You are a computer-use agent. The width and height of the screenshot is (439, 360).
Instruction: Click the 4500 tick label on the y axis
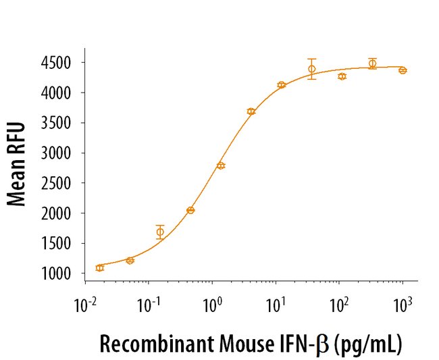(x=64, y=63)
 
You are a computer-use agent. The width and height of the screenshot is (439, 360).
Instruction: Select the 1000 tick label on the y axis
(x=64, y=274)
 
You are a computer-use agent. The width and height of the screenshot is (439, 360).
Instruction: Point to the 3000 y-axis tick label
(x=64, y=153)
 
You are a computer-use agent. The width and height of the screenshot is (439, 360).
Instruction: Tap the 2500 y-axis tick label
(x=64, y=183)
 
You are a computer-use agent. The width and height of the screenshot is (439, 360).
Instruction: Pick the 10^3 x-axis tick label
(x=403, y=305)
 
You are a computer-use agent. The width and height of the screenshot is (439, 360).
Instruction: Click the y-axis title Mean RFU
(x=18, y=163)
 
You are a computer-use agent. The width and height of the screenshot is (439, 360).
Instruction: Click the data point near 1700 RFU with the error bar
(x=160, y=232)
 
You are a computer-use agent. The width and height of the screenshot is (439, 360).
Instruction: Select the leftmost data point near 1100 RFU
(x=100, y=267)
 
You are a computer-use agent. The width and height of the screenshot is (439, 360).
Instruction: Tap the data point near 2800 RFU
(x=221, y=165)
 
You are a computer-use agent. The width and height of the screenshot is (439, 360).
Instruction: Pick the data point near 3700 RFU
(x=251, y=111)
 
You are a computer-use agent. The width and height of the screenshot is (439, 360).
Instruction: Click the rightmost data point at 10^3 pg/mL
(x=403, y=70)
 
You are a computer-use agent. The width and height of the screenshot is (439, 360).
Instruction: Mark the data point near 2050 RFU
(x=190, y=210)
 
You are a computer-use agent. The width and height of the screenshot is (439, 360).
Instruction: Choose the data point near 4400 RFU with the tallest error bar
(x=311, y=69)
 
